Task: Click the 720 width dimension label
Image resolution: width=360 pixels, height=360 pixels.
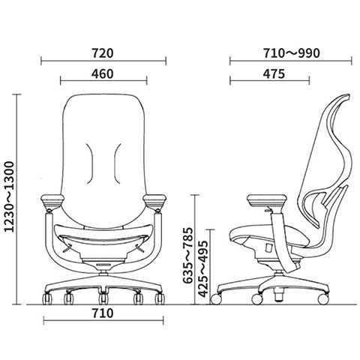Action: [x=103, y=53]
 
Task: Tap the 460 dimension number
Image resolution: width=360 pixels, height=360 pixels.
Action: [x=102, y=74]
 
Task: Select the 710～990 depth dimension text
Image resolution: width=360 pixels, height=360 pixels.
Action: [x=292, y=53]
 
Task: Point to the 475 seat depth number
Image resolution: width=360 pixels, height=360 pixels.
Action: [x=274, y=74]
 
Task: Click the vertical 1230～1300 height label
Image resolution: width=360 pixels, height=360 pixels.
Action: [x=10, y=197]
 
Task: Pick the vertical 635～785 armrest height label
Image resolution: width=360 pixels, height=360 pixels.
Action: [x=188, y=255]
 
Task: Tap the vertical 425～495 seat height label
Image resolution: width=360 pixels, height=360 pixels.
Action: [x=202, y=269]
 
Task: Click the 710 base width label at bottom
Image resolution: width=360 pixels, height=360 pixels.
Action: [x=103, y=313]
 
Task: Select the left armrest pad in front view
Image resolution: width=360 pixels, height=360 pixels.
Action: [x=52, y=200]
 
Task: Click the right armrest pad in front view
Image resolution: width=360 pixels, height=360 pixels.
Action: [x=154, y=200]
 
